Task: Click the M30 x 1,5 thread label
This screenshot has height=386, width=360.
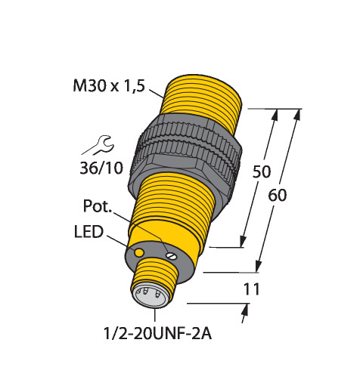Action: [109, 85]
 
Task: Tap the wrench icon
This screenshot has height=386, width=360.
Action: [98, 146]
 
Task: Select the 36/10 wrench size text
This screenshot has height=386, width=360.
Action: [101, 168]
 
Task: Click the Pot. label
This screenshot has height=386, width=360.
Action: [98, 205]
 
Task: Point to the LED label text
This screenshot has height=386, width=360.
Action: [88, 232]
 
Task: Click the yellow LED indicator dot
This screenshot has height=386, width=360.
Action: [139, 252]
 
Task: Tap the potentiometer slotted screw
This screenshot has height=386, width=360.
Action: [171, 256]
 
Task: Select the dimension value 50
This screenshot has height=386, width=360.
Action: [262, 171]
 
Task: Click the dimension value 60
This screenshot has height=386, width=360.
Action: [278, 195]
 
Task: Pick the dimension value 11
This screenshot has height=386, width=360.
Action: [251, 289]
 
